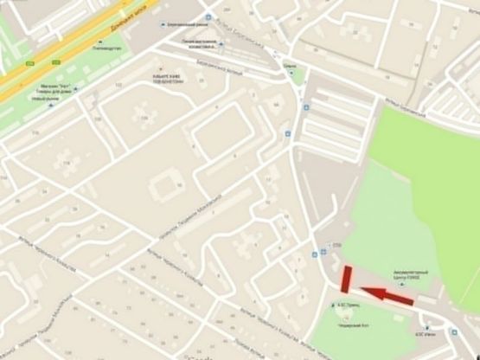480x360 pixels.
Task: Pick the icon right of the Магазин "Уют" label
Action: (x=81, y=87)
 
